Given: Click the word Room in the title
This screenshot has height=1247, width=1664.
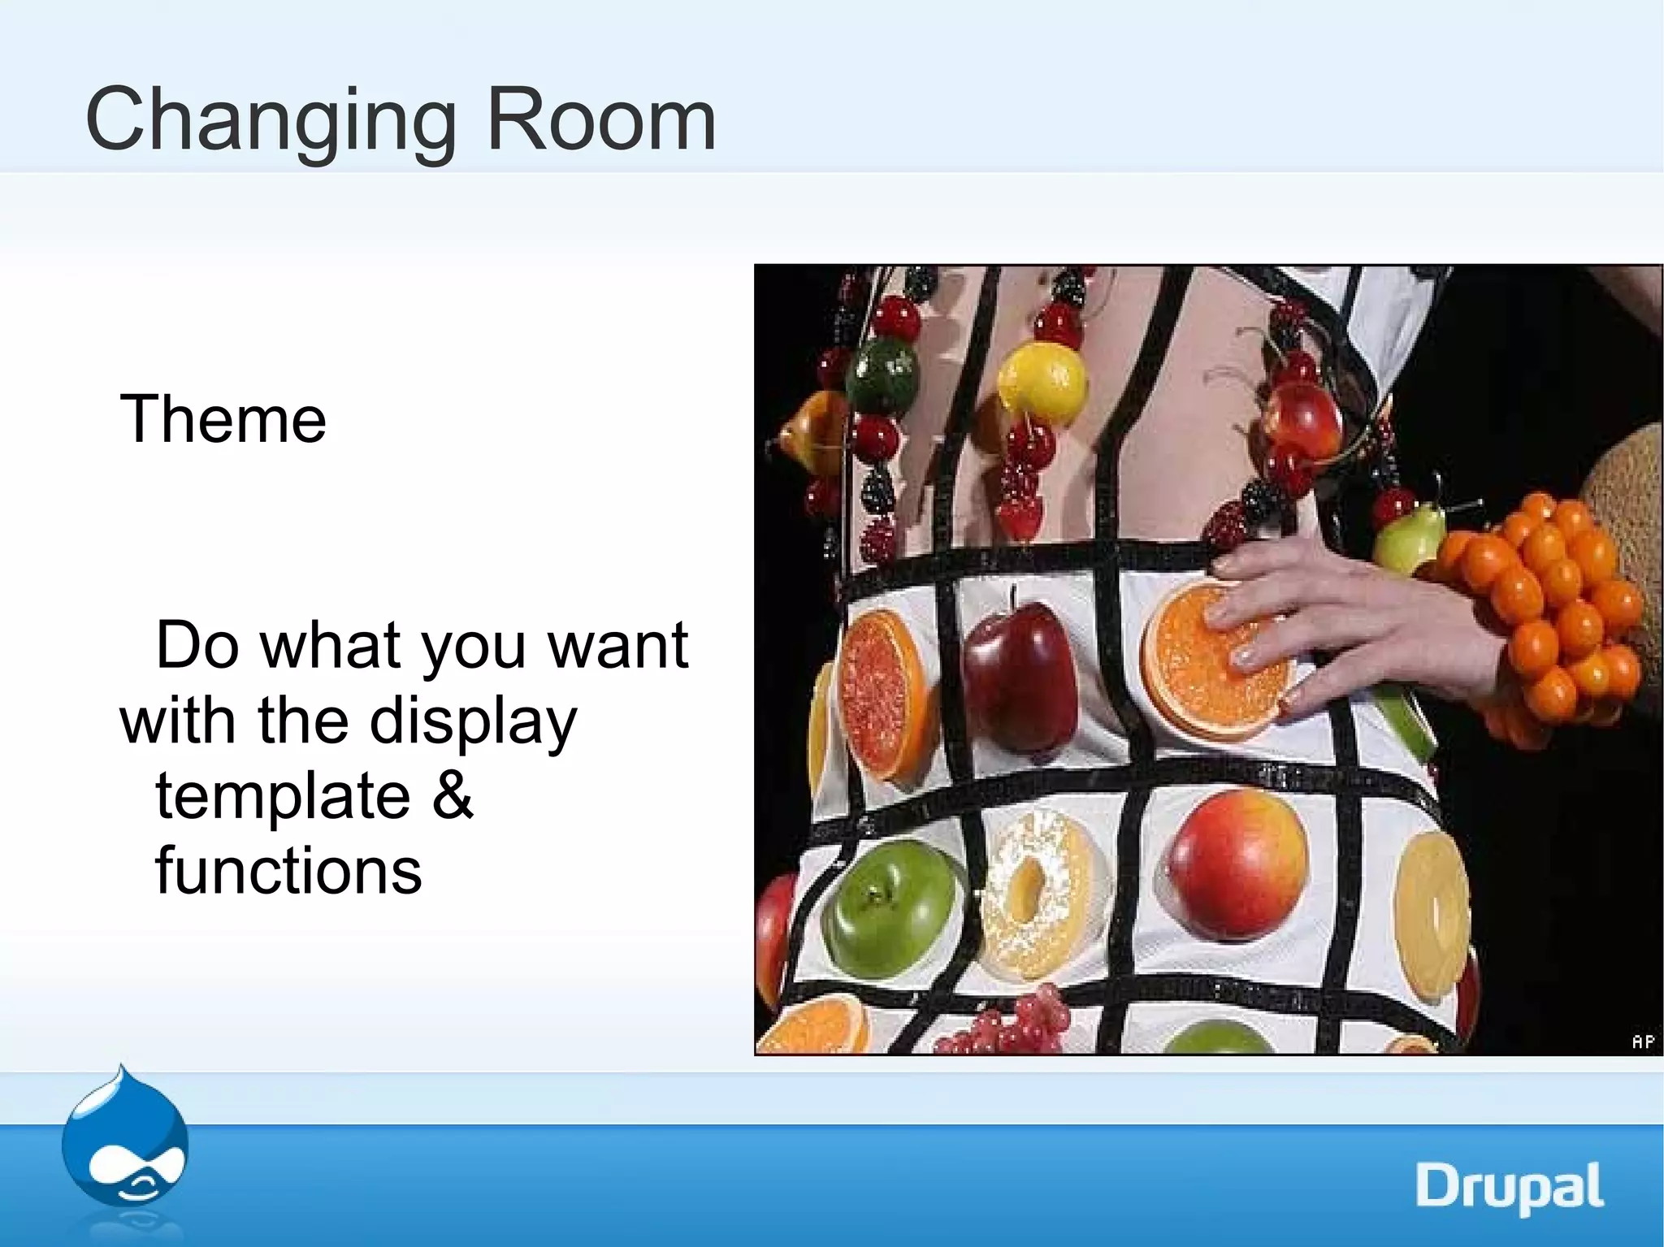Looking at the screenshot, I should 601,120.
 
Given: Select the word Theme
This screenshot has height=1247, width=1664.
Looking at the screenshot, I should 223,419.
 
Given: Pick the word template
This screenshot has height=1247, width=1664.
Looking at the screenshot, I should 283,796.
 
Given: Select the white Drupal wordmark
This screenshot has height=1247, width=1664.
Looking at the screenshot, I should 1509,1188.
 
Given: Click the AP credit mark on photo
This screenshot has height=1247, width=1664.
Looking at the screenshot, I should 1642,1041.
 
